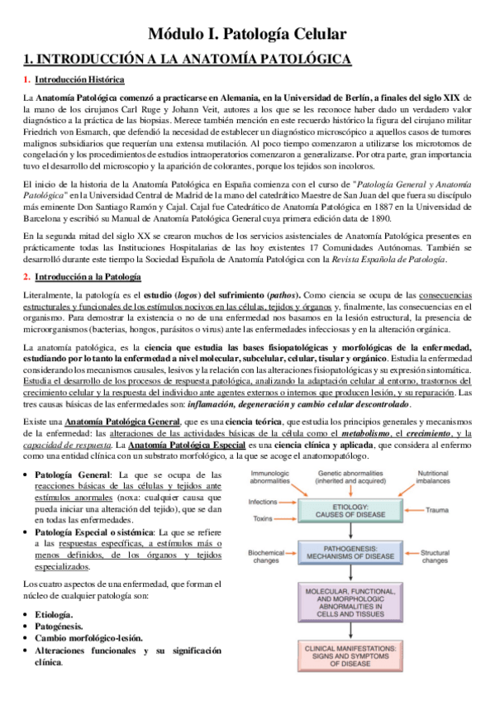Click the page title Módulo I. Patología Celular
click(x=246, y=34)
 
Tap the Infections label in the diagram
click(x=264, y=501)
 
